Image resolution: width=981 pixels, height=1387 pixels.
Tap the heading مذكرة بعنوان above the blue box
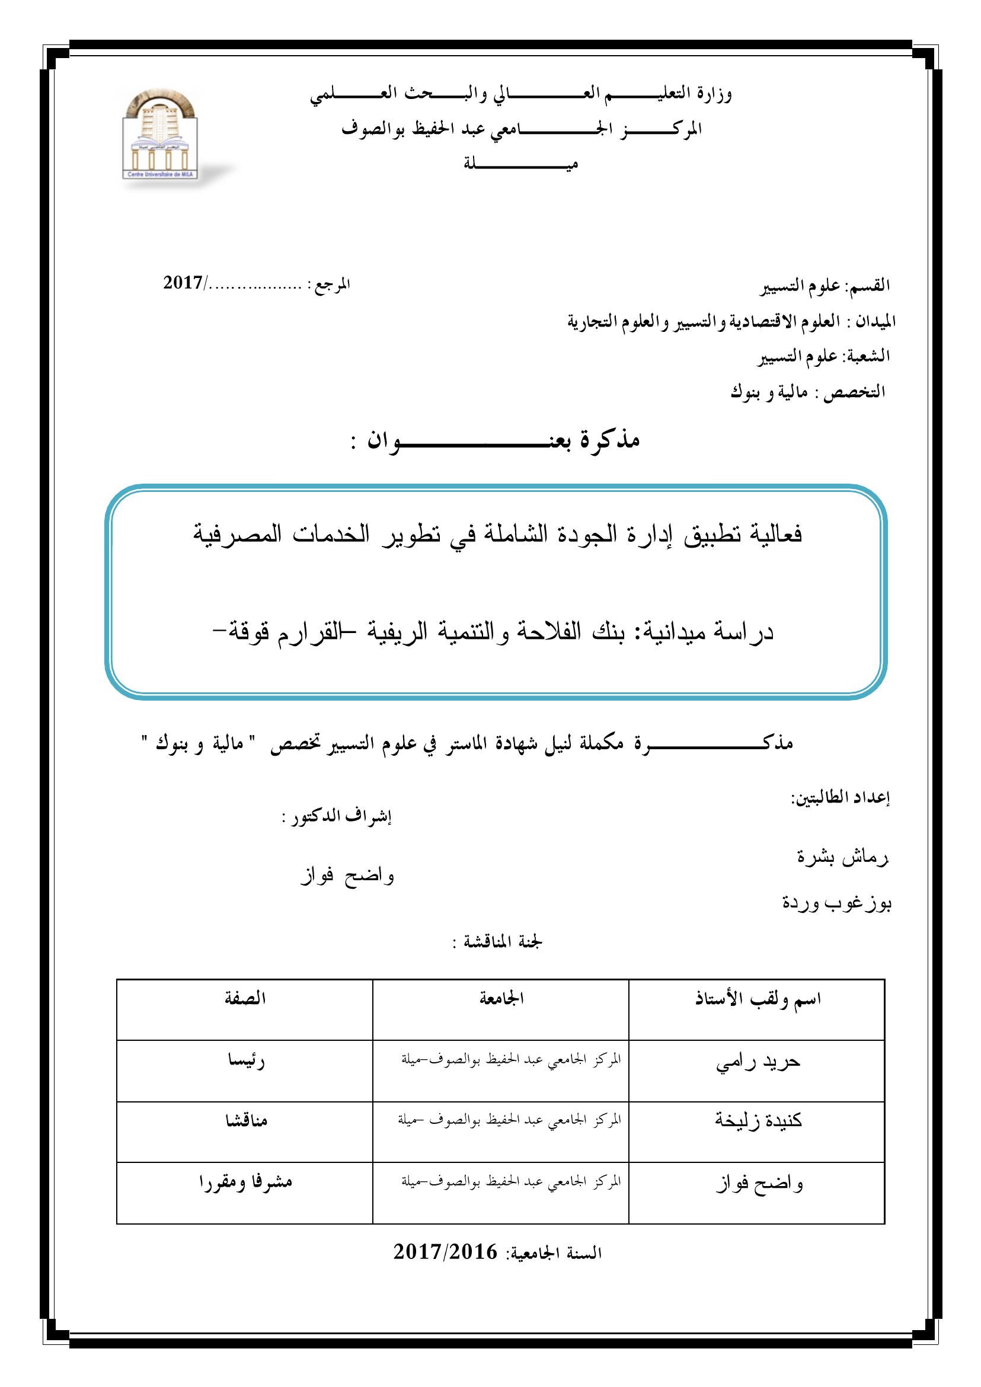[496, 440]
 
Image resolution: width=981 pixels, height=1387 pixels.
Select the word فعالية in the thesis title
[774, 535]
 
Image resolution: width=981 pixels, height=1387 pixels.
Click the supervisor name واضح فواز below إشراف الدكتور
[347, 875]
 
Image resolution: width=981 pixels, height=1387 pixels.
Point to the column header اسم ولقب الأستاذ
[758, 1000]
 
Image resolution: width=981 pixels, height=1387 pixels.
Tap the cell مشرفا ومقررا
[245, 1183]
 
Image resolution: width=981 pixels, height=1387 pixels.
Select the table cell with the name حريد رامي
[758, 1063]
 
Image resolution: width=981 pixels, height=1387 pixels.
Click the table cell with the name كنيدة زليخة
[758, 1122]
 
